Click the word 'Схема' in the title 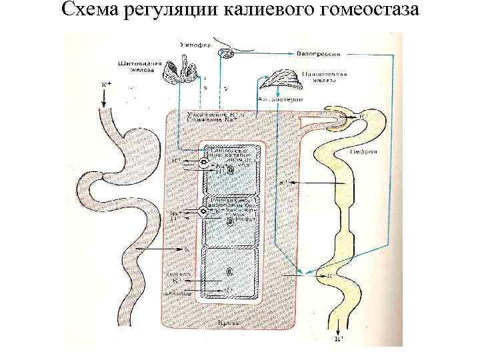coord(89,11)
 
